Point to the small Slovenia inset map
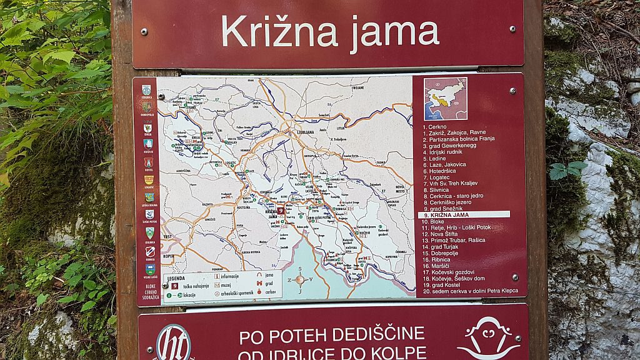(x=445, y=99)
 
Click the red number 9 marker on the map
(x=281, y=211)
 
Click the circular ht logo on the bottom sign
(x=173, y=343)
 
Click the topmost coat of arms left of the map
(x=146, y=90)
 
